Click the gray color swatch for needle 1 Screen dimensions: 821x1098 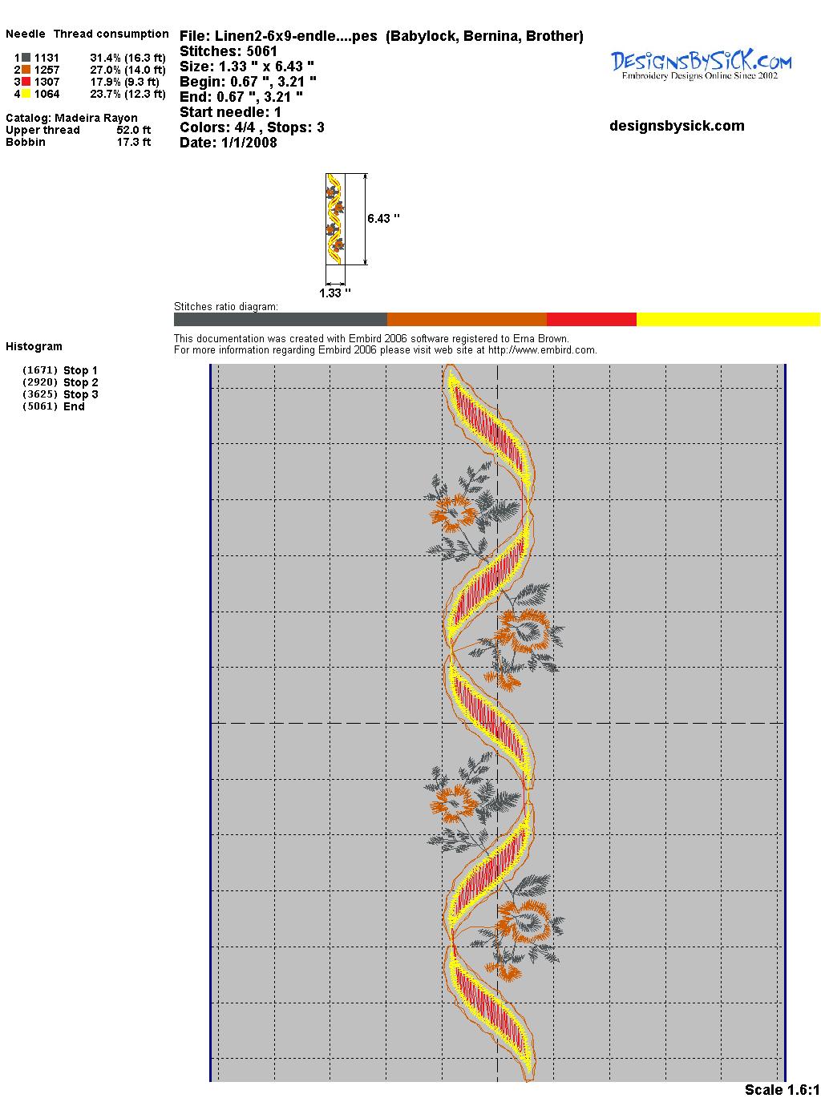[26, 58]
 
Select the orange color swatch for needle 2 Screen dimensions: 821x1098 [26, 70]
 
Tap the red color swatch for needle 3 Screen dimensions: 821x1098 [26, 82]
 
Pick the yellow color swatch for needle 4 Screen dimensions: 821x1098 [26, 94]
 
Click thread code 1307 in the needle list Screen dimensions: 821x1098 [47, 82]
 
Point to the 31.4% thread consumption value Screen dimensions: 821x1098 [105, 58]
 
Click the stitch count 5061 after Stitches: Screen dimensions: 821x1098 [261, 51]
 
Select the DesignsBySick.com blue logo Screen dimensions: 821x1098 [701, 64]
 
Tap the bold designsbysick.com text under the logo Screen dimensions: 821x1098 [677, 126]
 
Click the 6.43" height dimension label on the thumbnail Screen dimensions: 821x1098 [384, 219]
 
